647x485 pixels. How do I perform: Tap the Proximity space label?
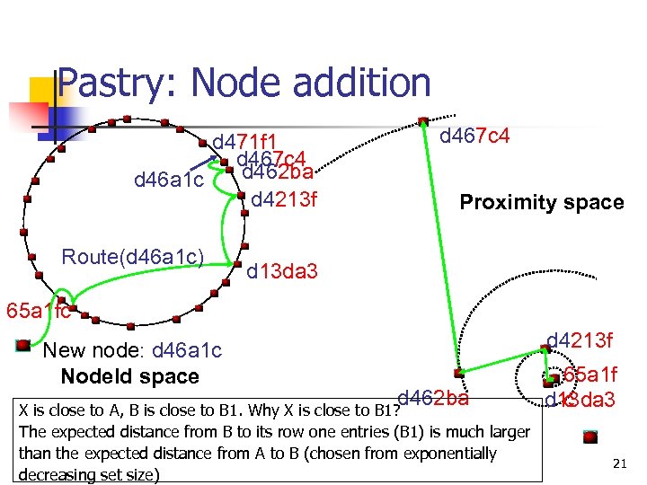point(541,202)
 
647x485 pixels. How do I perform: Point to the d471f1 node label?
point(244,142)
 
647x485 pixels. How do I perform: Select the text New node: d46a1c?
point(132,351)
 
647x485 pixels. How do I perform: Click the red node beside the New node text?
point(22,345)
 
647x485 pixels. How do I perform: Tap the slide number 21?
point(618,463)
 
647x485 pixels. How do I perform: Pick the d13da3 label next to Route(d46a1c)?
point(281,270)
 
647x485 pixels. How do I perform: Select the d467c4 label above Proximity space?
point(474,136)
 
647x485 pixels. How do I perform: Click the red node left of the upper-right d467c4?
point(422,121)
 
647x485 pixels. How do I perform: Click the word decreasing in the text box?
point(56,474)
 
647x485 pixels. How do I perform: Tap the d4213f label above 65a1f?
point(580,340)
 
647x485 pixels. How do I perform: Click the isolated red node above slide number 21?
point(589,436)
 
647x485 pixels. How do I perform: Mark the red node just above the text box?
point(458,372)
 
